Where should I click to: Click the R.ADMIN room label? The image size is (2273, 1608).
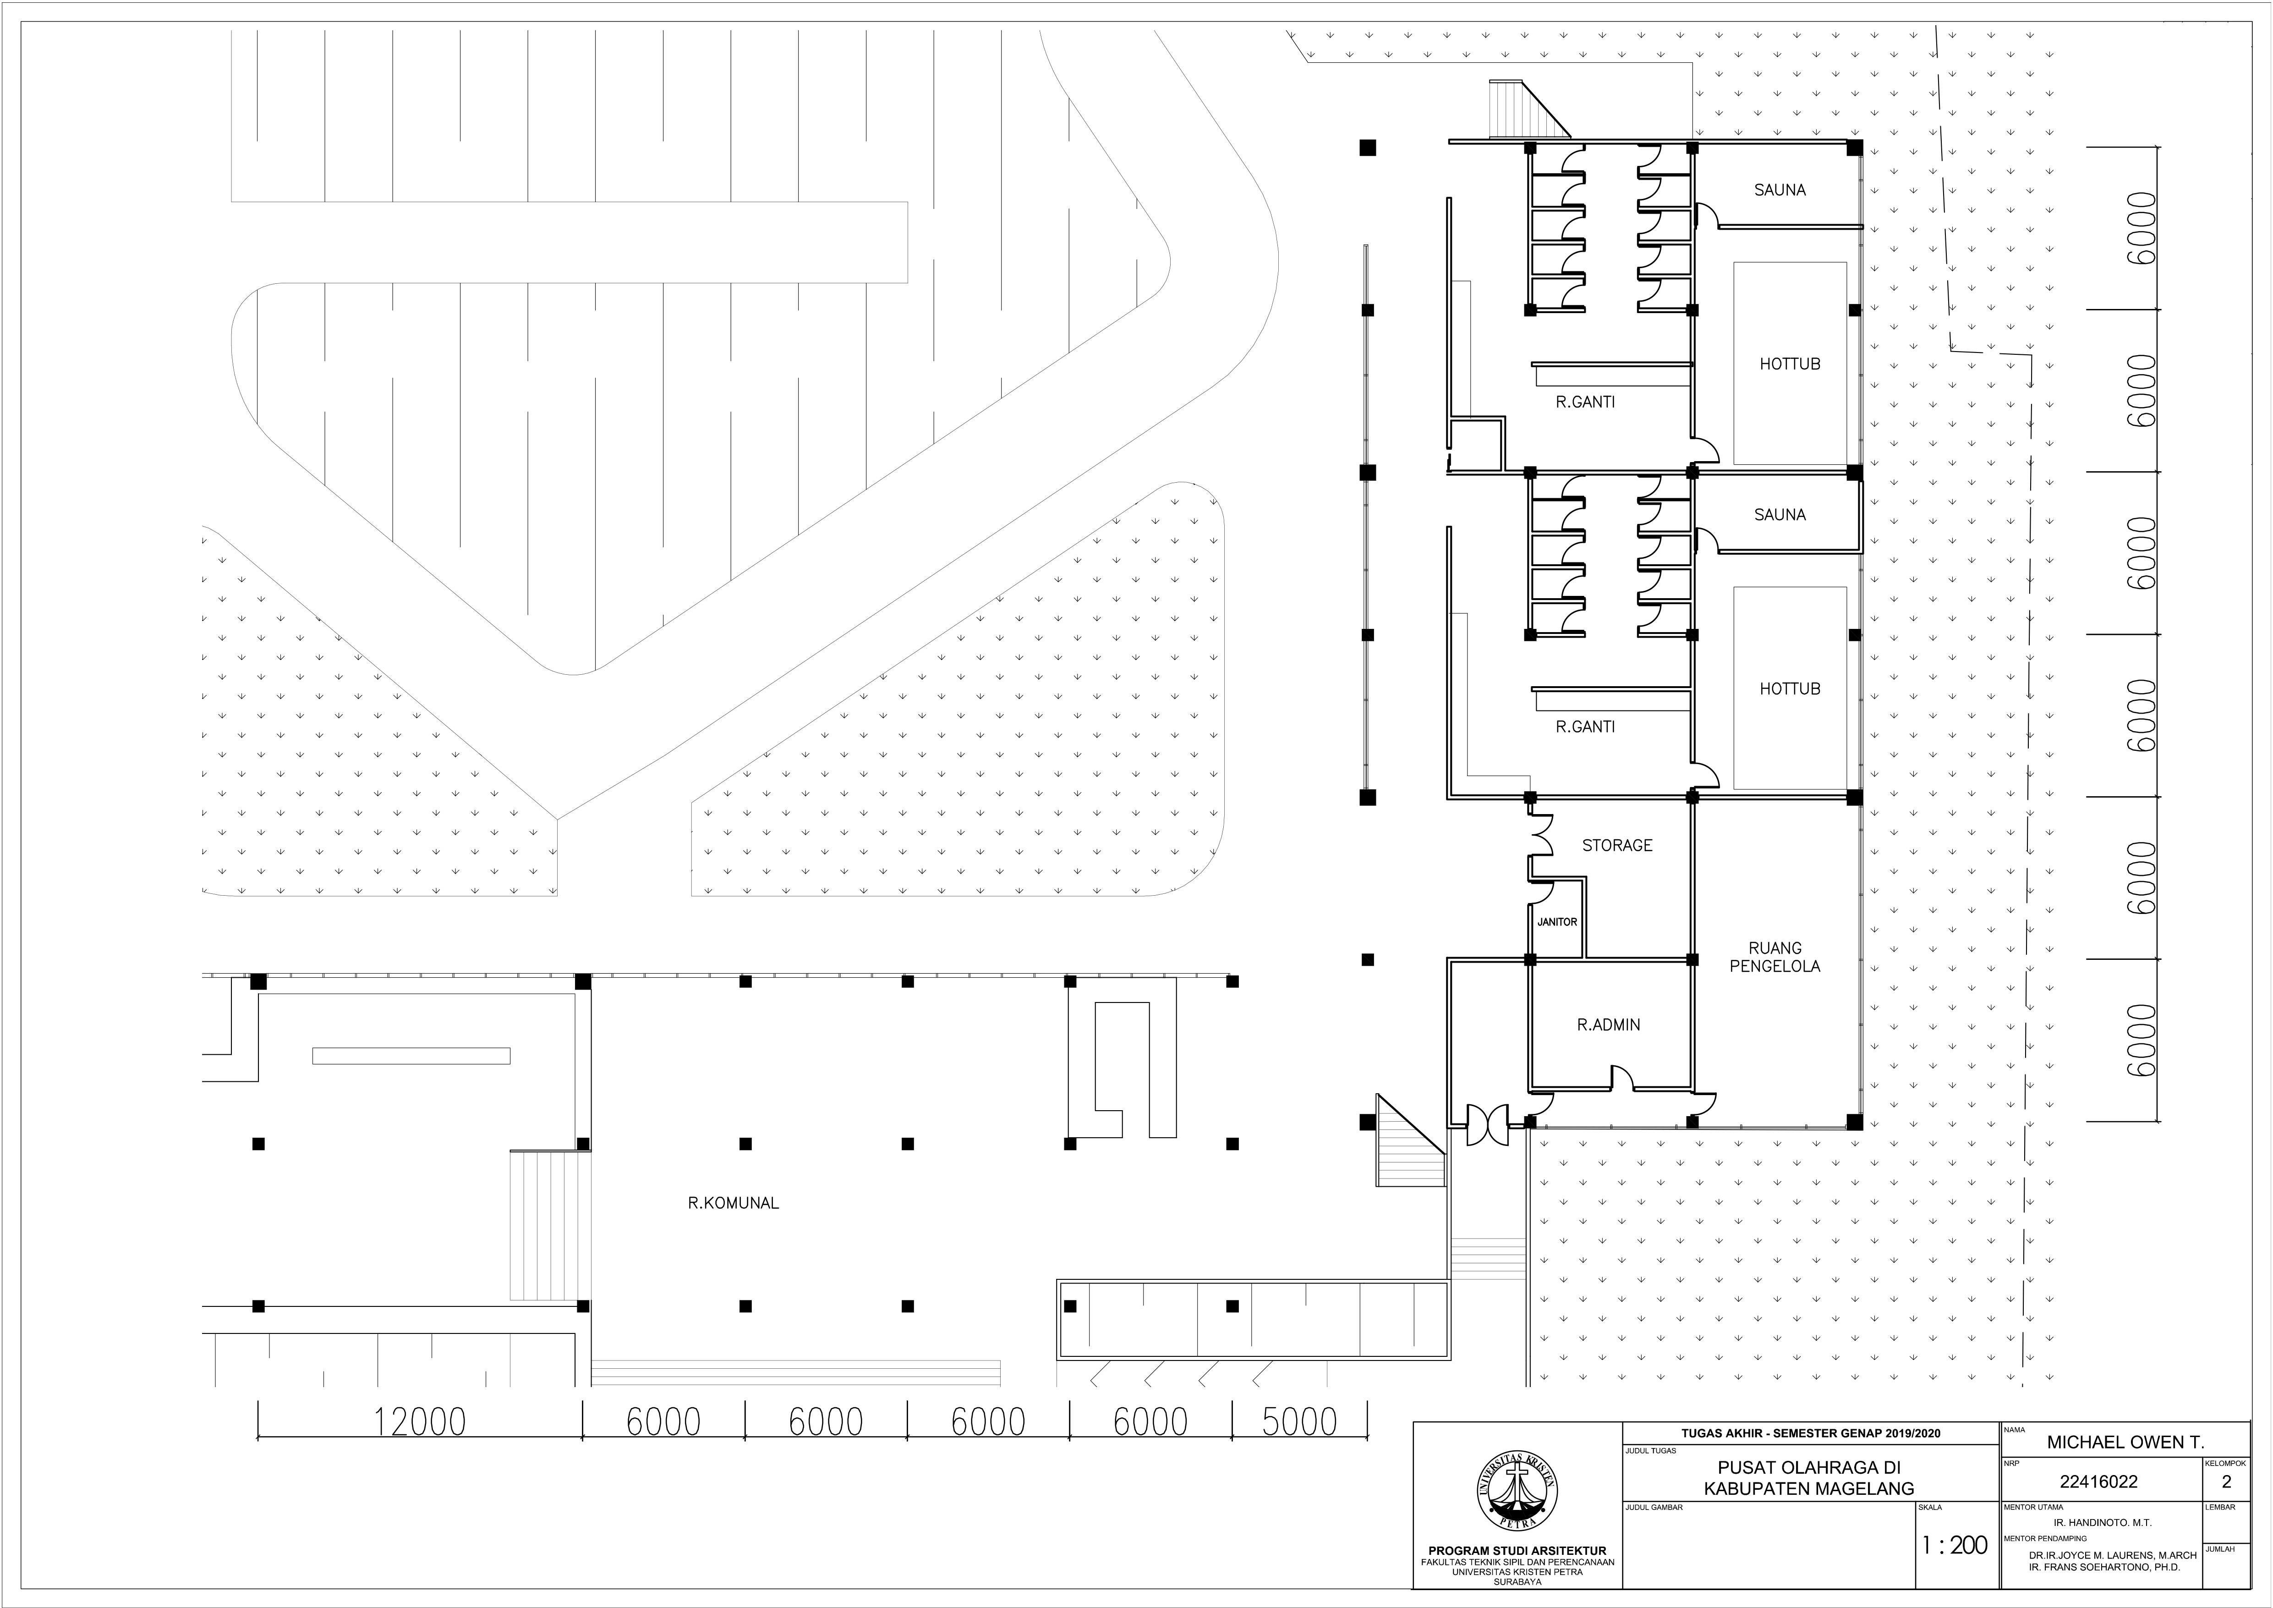tap(1608, 1025)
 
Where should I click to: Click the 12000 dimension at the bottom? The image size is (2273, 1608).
tap(420, 1422)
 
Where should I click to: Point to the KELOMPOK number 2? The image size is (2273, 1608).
tap(2226, 1482)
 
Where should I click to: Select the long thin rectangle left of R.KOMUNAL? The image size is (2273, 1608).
tap(411, 1056)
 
